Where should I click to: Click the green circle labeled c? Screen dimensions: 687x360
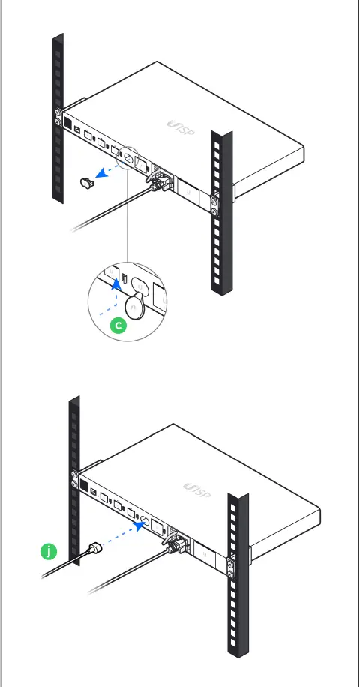pos(117,325)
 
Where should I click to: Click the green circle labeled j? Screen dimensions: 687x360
pos(48,553)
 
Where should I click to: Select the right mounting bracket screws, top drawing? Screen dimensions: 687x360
pos(215,204)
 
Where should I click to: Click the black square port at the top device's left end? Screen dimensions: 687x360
pos(67,123)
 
